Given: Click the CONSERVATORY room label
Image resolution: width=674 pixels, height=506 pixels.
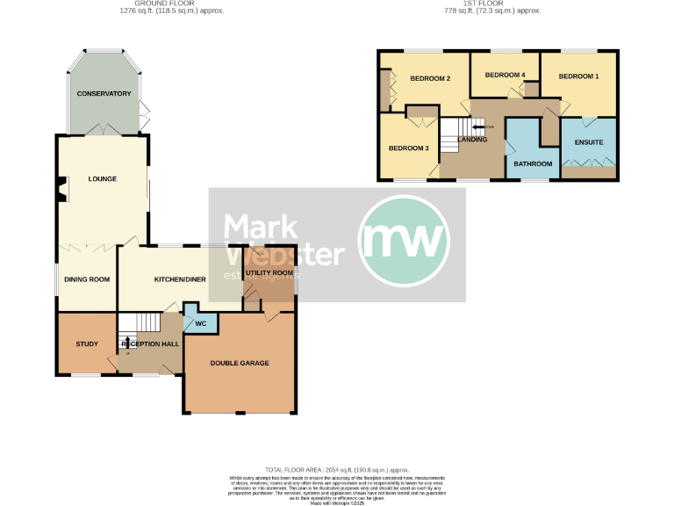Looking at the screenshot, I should tap(104, 94).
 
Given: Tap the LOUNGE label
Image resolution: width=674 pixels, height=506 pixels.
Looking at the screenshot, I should tap(103, 179).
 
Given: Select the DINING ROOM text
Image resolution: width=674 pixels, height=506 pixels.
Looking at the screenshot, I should tap(87, 279).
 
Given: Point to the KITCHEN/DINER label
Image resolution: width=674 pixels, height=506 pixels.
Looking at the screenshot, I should tap(180, 279).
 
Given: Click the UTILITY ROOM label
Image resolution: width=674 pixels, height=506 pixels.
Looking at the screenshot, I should tap(269, 273).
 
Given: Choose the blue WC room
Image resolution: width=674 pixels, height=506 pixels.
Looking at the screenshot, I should tap(200, 322).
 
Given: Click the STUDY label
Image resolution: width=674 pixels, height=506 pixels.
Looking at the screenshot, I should tap(86, 344).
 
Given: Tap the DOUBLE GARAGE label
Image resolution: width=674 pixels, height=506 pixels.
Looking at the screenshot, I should tap(240, 363).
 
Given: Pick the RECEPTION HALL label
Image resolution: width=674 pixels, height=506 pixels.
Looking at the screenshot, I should tap(151, 344).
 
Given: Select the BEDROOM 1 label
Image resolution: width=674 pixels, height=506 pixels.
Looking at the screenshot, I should tap(579, 76).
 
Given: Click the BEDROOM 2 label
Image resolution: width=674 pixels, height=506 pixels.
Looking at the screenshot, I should tap(431, 79).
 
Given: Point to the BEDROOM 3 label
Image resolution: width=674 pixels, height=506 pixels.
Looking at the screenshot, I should tap(409, 148).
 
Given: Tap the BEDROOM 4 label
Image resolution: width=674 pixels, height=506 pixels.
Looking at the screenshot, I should tap(505, 75).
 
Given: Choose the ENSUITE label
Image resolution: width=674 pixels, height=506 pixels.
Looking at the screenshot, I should tap(589, 142).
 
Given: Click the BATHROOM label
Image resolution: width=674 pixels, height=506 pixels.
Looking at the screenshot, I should tap(533, 164).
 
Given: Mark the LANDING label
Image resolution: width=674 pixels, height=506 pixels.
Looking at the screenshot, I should tap(472, 140).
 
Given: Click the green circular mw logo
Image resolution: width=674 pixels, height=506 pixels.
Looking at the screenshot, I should tap(405, 240).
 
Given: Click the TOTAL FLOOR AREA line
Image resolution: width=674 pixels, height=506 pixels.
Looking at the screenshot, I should tap(338, 471).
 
